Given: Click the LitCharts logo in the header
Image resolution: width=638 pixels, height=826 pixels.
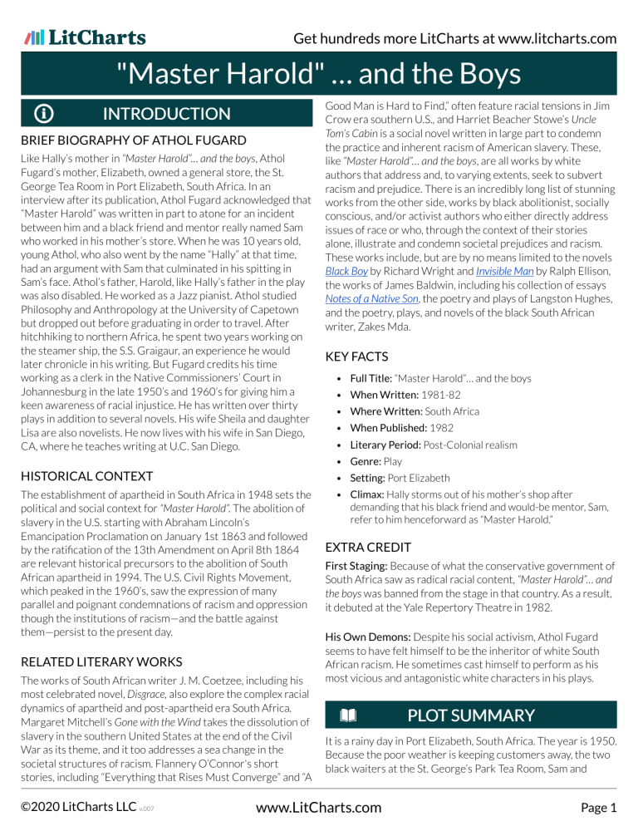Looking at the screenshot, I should (x=86, y=37).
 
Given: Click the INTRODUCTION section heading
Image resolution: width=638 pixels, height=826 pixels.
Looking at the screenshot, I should (x=165, y=115).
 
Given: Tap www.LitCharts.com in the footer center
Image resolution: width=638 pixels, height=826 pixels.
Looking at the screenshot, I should (x=318, y=807).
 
